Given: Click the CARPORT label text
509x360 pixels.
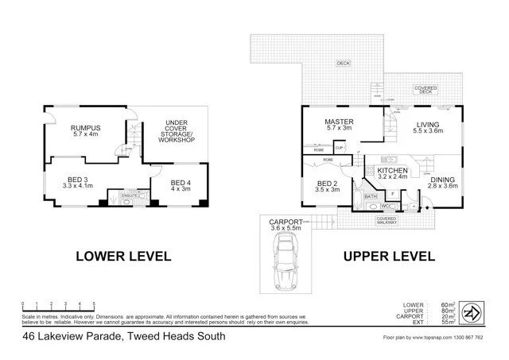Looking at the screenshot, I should tap(285, 223).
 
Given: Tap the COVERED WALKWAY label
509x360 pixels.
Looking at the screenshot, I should tap(387, 220).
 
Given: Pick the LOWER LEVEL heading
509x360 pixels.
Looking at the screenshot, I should tap(123, 257).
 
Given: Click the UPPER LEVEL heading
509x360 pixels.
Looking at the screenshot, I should tap(388, 257).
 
